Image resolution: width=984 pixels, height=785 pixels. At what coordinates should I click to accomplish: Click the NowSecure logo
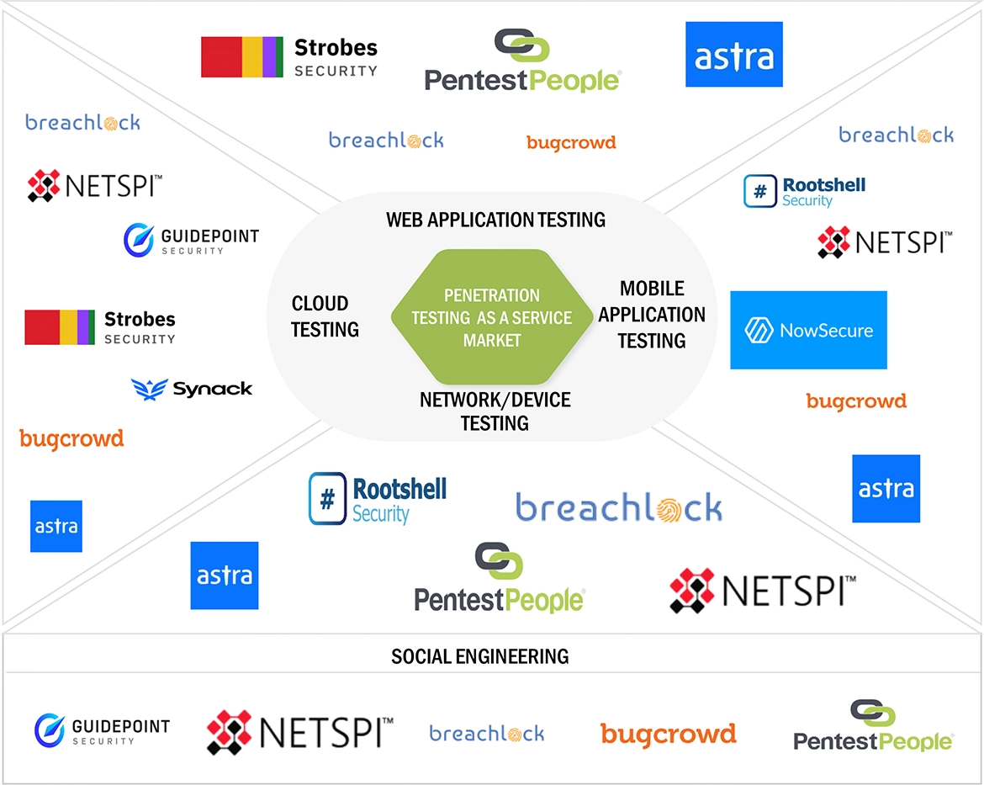click(x=808, y=330)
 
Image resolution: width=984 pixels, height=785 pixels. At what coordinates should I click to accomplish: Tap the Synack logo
click(x=192, y=388)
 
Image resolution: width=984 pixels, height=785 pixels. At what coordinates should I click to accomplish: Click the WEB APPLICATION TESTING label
click(x=495, y=220)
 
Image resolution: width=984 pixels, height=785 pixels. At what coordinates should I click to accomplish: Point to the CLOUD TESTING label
click(x=325, y=316)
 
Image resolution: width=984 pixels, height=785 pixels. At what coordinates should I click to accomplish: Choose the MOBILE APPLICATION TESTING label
click(x=652, y=315)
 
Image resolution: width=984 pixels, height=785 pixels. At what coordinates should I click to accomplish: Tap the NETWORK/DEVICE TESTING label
click(x=495, y=411)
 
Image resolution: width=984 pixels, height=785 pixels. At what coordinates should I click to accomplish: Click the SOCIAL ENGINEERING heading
click(x=479, y=655)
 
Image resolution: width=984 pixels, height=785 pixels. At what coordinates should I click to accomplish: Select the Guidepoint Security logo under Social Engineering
click(x=102, y=730)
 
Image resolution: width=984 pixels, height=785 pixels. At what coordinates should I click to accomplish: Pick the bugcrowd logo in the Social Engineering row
click(x=668, y=734)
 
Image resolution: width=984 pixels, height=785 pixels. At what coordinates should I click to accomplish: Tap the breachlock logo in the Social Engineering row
click(x=486, y=734)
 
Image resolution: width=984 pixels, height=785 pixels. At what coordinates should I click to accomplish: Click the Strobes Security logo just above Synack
click(x=100, y=327)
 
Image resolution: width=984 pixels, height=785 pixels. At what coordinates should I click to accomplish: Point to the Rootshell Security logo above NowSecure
click(x=804, y=191)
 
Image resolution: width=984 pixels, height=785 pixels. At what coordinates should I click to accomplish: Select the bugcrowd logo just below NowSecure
click(x=856, y=401)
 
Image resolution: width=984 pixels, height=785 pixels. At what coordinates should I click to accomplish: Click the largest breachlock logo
click(x=618, y=507)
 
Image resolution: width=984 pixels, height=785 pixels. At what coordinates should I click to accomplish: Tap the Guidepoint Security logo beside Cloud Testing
click(x=191, y=240)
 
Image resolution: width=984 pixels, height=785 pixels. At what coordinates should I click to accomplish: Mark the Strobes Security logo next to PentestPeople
click(x=289, y=57)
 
